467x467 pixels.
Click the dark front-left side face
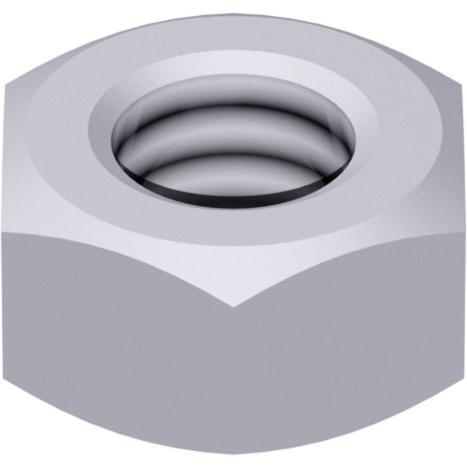[117, 350]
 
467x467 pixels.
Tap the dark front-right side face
[350, 350]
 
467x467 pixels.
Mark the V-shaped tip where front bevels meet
[233, 306]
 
